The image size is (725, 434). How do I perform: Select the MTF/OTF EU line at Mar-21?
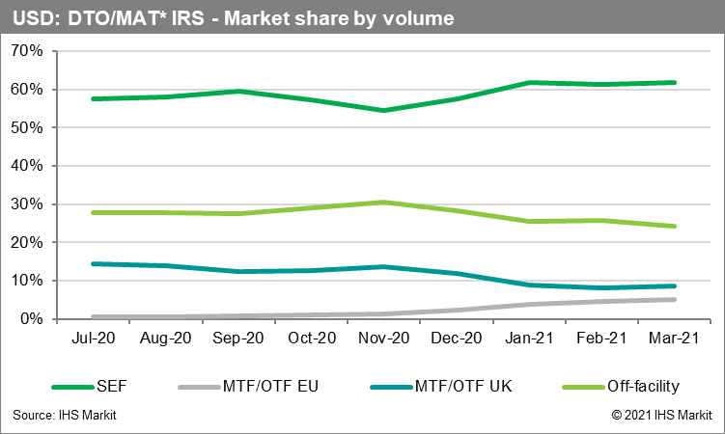pyautogui.click(x=674, y=299)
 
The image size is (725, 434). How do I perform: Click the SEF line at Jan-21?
pyautogui.click(x=530, y=83)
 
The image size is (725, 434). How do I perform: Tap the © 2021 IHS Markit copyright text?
pyautogui.click(x=660, y=416)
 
